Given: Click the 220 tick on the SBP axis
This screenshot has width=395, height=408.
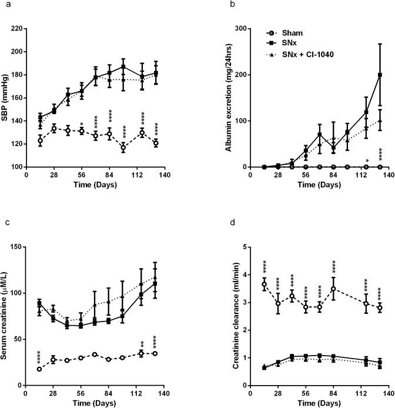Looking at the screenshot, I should coord(18,29).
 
